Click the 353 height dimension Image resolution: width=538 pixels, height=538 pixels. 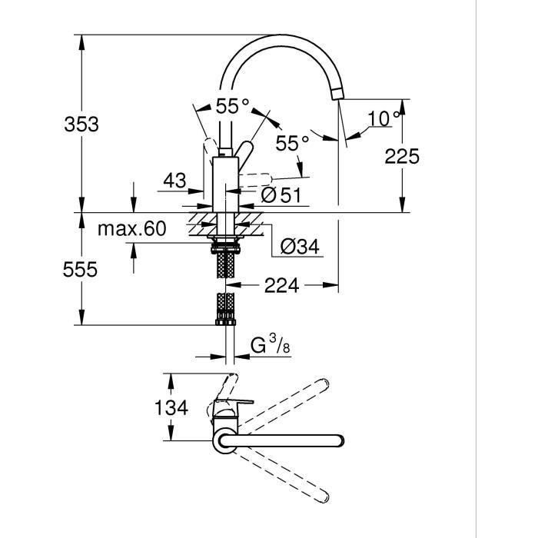click(81, 124)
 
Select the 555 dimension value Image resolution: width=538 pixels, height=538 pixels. click(81, 270)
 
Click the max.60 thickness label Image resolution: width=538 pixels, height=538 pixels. click(131, 228)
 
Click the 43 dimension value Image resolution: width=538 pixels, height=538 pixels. click(175, 181)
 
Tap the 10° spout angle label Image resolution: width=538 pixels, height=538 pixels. click(384, 119)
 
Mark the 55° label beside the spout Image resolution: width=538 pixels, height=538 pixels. click(292, 143)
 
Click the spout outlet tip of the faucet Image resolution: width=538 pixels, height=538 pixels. click(337, 95)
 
